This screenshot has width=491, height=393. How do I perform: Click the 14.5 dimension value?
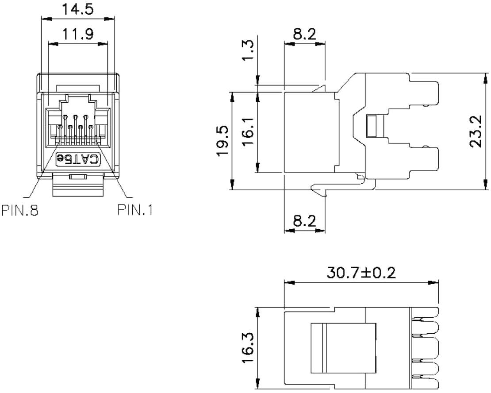coord(77,10)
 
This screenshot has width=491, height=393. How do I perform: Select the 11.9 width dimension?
coord(77,35)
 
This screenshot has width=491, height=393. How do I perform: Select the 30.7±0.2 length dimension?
coord(362,272)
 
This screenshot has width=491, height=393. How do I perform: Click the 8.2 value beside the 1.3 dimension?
coord(305,34)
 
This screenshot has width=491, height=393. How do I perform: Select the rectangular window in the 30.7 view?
coord(343,348)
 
